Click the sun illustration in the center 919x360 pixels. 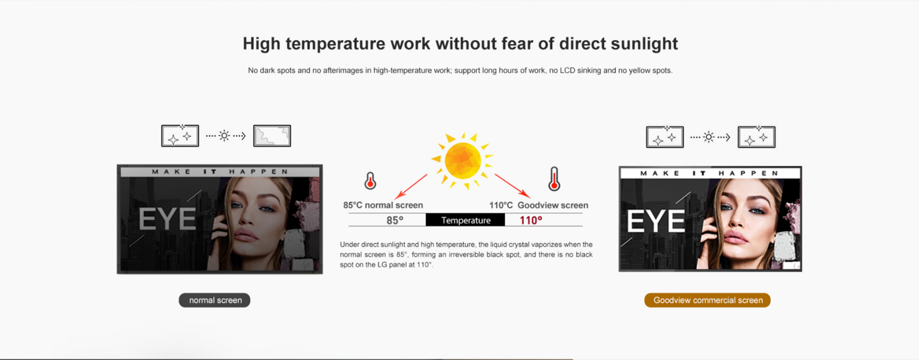pyautogui.click(x=462, y=160)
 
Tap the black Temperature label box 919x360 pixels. pyautogui.click(x=465, y=220)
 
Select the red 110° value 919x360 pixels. pyautogui.click(x=531, y=220)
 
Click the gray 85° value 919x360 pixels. pyautogui.click(x=395, y=220)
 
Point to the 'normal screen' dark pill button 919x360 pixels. pyautogui.click(x=215, y=300)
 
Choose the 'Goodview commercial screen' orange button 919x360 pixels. pyautogui.click(x=707, y=300)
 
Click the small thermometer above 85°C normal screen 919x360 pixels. pyautogui.click(x=370, y=181)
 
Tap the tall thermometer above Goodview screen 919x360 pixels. pyautogui.click(x=554, y=179)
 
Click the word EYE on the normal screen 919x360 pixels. pyautogui.click(x=168, y=219)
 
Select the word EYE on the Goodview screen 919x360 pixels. pyautogui.click(x=656, y=221)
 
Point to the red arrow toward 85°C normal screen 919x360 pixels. pyautogui.click(x=411, y=187)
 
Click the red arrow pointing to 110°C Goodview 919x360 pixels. pyautogui.click(x=513, y=186)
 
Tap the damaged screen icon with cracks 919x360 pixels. pyautogui.click(x=272, y=136)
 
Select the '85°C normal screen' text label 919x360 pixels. pyautogui.click(x=383, y=205)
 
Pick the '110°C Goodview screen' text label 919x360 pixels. pyautogui.click(x=538, y=205)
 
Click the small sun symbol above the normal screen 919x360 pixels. pyautogui.click(x=224, y=136)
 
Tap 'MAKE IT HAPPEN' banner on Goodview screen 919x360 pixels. pyautogui.click(x=709, y=173)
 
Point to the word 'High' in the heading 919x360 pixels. pyautogui.click(x=261, y=44)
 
